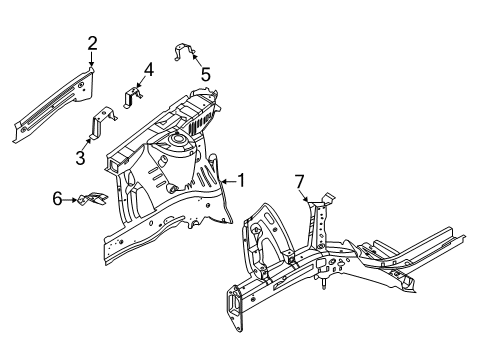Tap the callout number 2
click(92, 42)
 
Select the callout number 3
click(80, 156)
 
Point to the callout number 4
click(148, 69)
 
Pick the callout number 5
click(205, 73)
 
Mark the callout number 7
click(297, 180)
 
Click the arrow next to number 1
click(226, 181)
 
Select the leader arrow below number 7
click(300, 194)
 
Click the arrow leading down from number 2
click(91, 58)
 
